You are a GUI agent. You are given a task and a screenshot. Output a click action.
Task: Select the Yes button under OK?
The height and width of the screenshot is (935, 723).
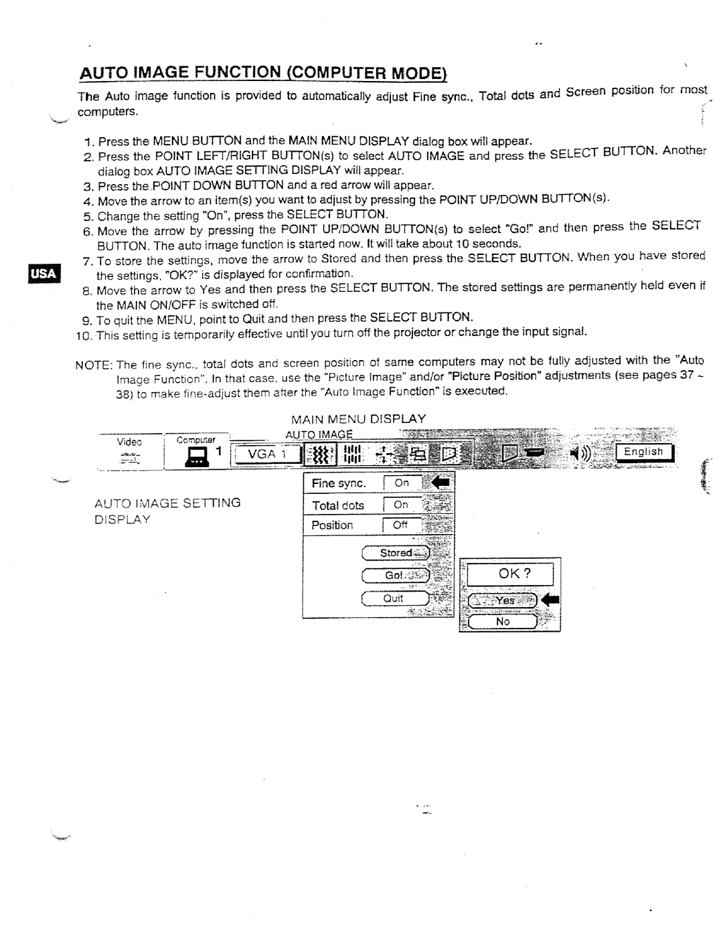(x=503, y=600)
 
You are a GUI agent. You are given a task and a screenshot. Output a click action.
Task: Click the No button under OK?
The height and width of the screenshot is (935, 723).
(x=503, y=622)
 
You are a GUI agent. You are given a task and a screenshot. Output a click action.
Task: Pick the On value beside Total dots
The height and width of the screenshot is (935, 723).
(x=402, y=505)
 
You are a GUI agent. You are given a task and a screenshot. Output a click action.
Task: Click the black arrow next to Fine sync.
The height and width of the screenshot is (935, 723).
(x=441, y=482)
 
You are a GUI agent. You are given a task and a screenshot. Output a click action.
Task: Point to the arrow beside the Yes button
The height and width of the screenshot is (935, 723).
(x=550, y=600)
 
